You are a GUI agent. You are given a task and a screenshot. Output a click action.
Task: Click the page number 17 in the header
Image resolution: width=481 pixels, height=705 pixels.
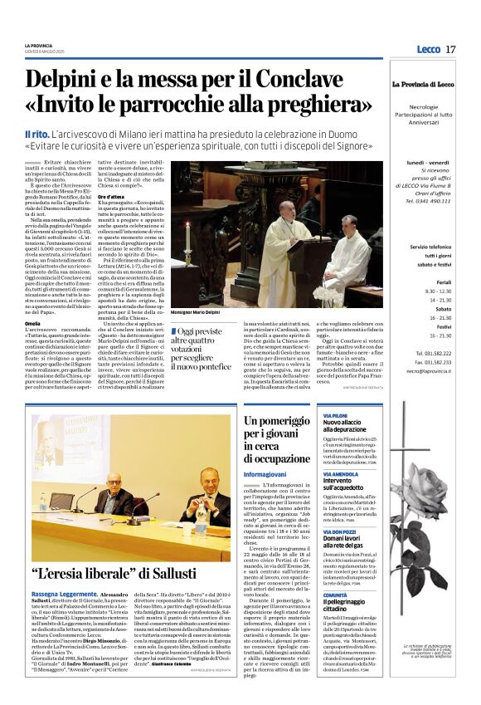pyautogui.click(x=450, y=50)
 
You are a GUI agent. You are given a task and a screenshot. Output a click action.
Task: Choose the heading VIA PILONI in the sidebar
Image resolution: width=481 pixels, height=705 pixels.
pyautogui.click(x=336, y=414)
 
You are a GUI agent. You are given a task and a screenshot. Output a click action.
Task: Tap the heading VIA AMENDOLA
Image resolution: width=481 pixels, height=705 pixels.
pyautogui.click(x=340, y=473)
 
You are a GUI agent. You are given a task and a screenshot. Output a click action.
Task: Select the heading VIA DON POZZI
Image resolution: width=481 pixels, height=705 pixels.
pyautogui.click(x=340, y=531)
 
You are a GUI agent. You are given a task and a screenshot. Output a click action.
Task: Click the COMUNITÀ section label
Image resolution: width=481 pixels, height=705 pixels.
pyautogui.click(x=336, y=595)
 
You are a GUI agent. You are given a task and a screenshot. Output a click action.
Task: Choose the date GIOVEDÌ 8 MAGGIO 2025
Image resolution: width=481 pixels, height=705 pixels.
pyautogui.click(x=47, y=51)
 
